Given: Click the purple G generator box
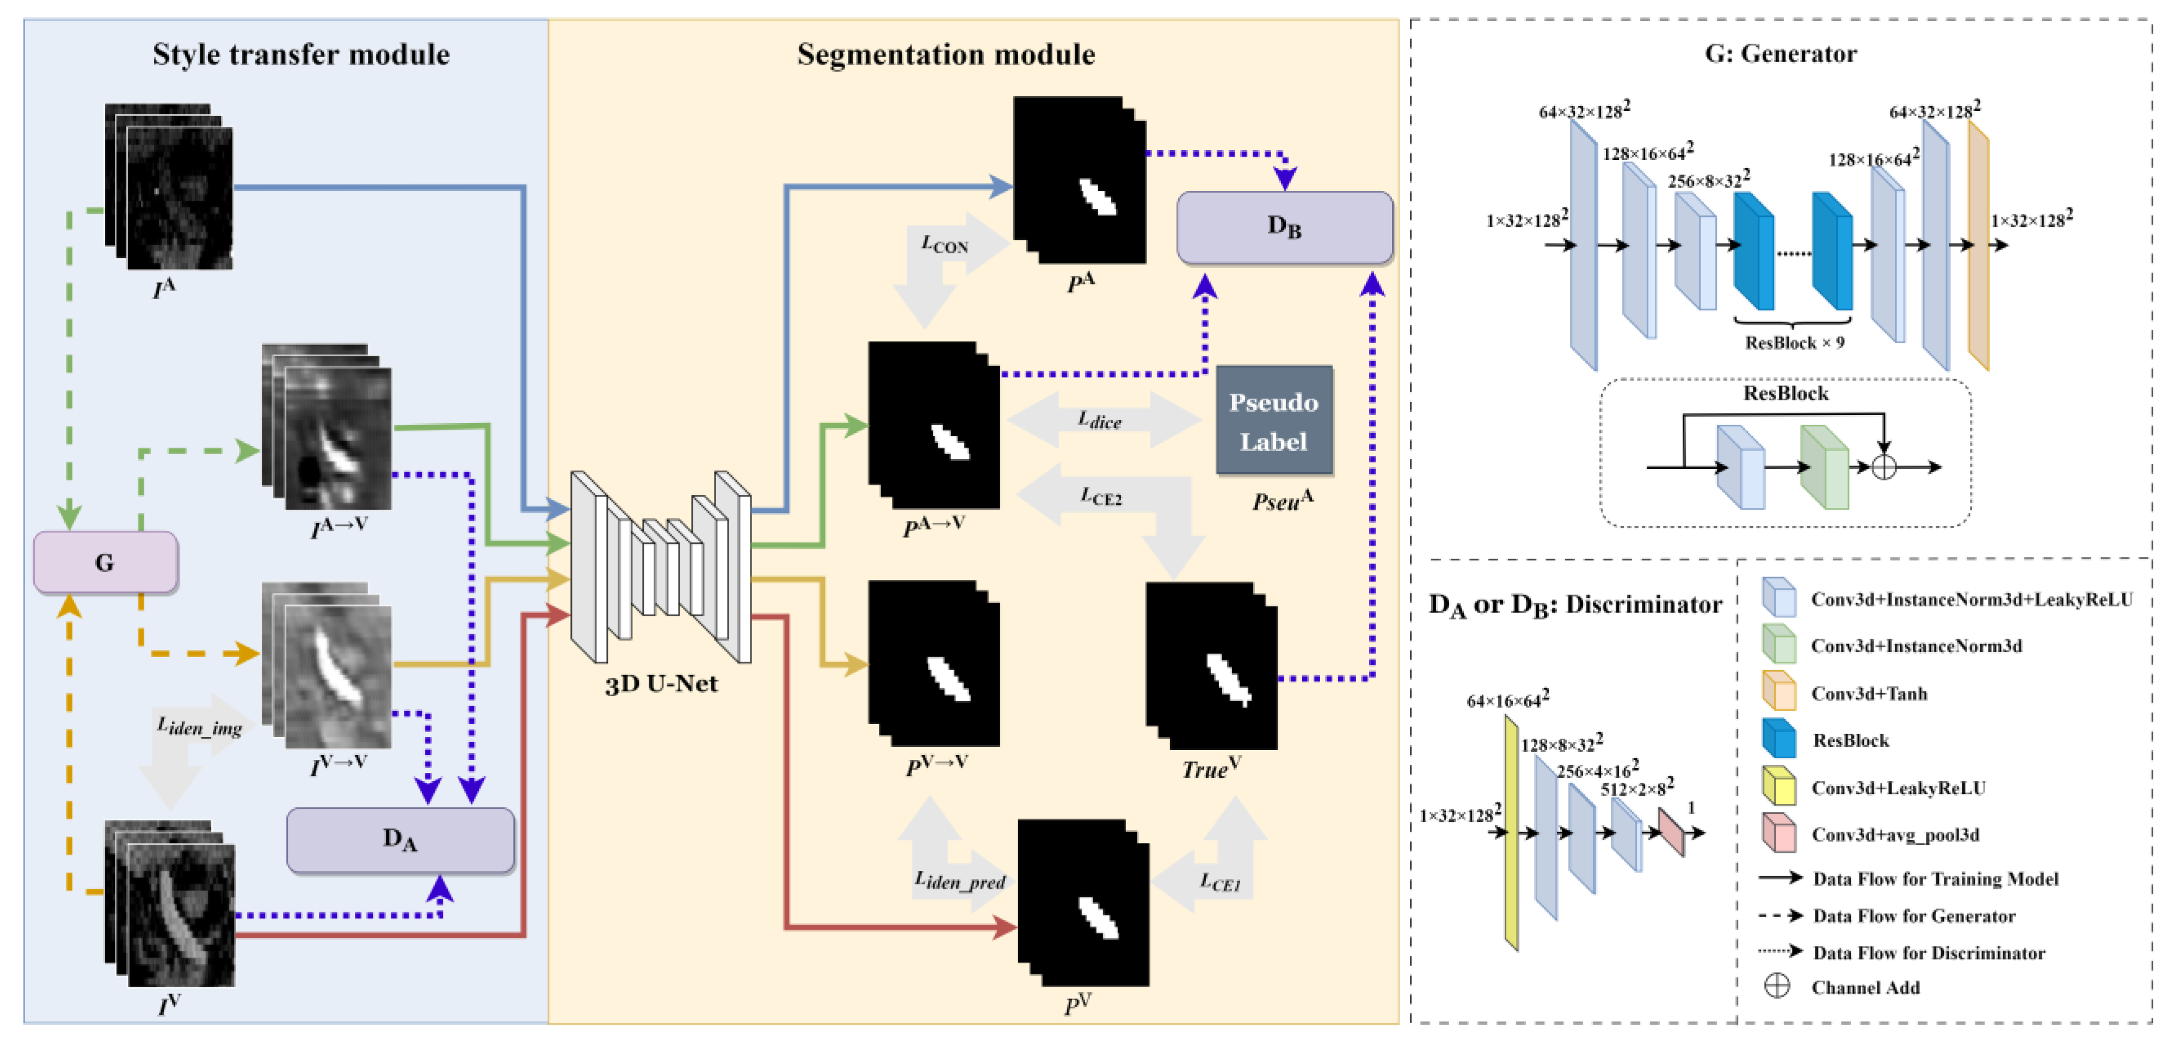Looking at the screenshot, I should click(104, 562).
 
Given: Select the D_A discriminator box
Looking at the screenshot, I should click(400, 839).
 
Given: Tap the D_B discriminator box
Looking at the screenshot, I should click(1284, 227).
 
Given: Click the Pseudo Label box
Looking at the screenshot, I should click(1273, 421).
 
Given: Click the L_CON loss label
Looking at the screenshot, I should click(944, 245).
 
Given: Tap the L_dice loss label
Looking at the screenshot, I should click(1100, 420).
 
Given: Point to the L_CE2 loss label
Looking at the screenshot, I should click(1101, 496).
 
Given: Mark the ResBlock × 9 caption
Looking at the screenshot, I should click(1794, 343).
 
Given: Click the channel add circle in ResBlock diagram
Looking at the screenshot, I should click(1884, 467).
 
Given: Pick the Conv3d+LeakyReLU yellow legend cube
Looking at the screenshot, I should click(1778, 786).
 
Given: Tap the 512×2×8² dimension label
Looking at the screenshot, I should click(1636, 788).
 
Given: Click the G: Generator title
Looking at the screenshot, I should click(1780, 54).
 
